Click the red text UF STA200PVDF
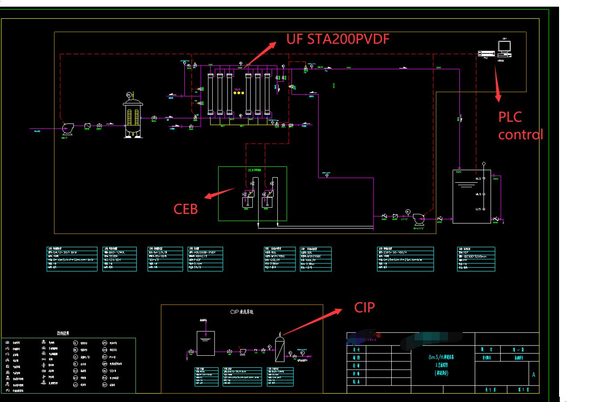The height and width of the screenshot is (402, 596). [x=338, y=39]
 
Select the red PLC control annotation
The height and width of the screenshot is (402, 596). [x=520, y=125]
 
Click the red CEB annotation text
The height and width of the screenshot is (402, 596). [x=186, y=209]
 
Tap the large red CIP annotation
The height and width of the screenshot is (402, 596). [x=364, y=307]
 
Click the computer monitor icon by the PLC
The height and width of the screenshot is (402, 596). [x=504, y=47]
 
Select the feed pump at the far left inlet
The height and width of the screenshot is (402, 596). [x=67, y=128]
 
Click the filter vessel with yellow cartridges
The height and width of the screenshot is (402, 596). [x=132, y=117]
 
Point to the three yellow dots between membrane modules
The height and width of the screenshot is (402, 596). [x=239, y=92]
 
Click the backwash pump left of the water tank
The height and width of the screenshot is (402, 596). [x=418, y=219]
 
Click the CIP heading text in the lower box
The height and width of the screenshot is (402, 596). [x=242, y=312]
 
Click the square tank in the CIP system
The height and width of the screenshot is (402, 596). [x=206, y=343]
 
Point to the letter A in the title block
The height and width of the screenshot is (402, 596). [x=533, y=375]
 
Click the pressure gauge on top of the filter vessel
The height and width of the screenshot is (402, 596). [x=129, y=95]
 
